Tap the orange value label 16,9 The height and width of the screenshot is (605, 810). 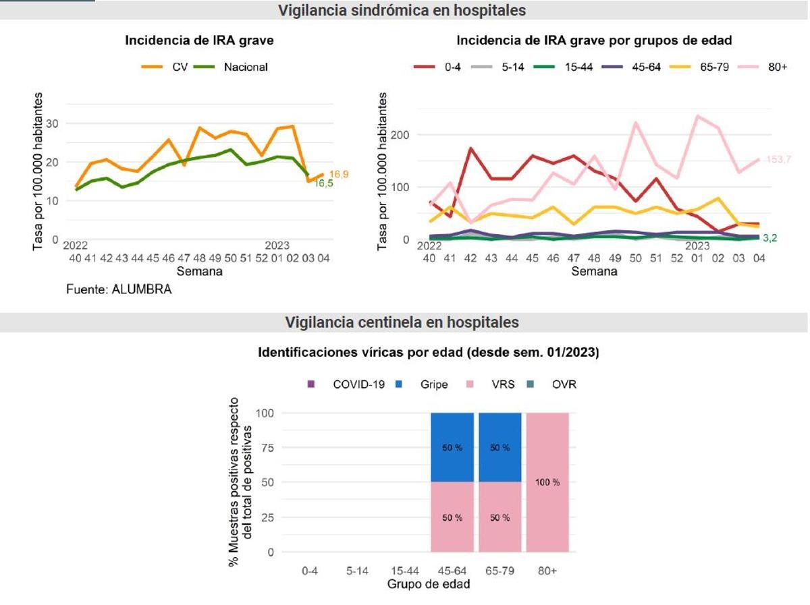click(339, 174)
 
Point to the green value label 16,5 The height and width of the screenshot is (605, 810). click(324, 183)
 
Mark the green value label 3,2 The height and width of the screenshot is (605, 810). click(771, 238)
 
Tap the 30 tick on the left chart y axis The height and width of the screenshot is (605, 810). click(53, 123)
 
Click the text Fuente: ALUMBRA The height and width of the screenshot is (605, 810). click(119, 290)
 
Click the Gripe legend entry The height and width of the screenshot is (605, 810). click(425, 384)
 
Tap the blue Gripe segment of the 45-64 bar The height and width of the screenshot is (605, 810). click(452, 447)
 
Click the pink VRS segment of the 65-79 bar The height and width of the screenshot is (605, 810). click(500, 517)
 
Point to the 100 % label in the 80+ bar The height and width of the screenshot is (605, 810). click(547, 482)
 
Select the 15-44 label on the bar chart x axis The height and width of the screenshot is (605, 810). click(404, 571)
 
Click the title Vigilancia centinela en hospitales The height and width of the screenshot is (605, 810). click(402, 322)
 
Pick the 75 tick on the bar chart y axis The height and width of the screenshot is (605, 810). click(269, 448)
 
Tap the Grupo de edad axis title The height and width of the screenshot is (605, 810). click(429, 584)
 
